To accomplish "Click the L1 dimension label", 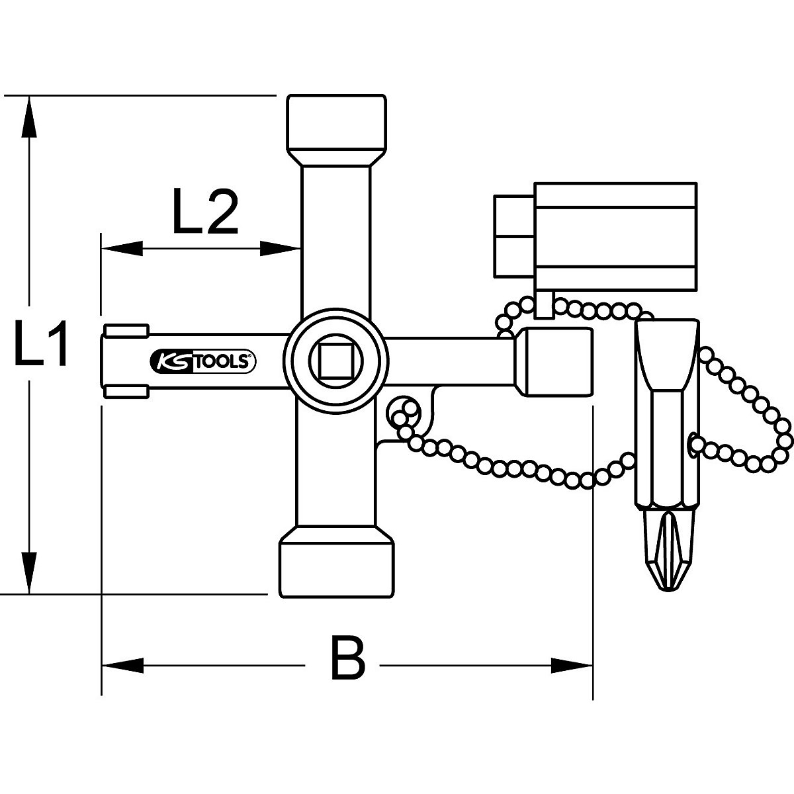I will point(42,345).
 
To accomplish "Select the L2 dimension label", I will point(205,212).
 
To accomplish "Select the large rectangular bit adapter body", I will point(615,238).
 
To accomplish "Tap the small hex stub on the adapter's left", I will point(512,238).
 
